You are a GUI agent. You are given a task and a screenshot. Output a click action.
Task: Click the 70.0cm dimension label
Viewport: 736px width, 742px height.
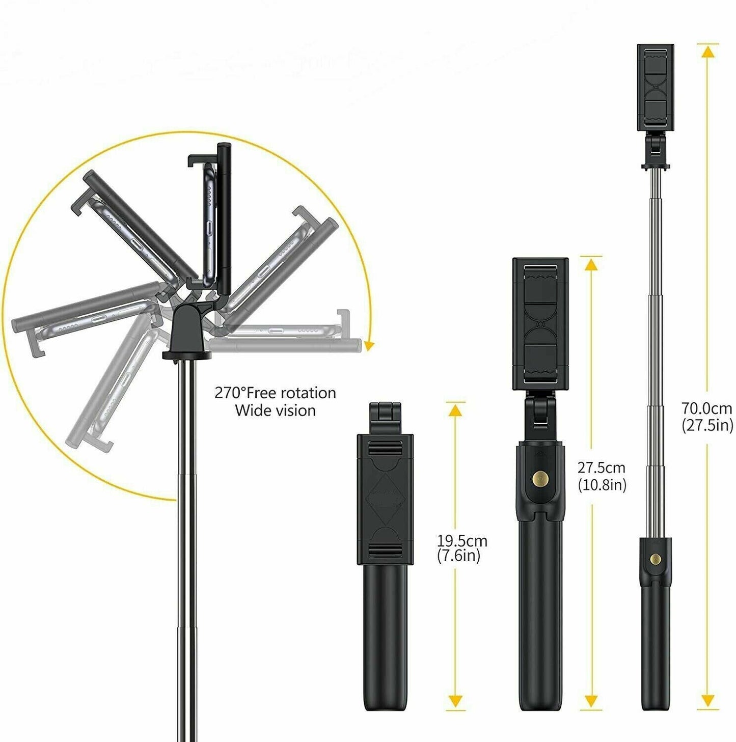(x=707, y=408)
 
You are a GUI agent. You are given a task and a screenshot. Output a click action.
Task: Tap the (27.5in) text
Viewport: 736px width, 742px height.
(x=707, y=425)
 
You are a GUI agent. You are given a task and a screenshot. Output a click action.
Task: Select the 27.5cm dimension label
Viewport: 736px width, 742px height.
(x=601, y=468)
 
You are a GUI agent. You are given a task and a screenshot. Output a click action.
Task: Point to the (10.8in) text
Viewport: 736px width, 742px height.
(x=602, y=485)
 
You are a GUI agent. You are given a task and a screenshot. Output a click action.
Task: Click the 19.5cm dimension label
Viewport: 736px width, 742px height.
(x=462, y=540)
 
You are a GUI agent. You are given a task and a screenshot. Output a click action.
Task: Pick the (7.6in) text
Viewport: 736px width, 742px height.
(x=458, y=556)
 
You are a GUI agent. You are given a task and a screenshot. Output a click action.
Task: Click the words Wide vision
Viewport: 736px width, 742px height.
(x=275, y=410)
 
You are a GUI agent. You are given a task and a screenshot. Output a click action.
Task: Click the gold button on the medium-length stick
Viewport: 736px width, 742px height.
(x=539, y=478)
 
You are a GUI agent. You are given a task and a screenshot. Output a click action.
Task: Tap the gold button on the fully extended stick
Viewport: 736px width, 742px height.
(x=656, y=560)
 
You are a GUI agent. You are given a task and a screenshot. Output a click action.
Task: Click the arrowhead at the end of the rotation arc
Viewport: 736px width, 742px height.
(x=369, y=346)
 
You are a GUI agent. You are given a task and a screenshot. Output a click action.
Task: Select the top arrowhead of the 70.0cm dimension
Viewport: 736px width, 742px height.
(x=707, y=51)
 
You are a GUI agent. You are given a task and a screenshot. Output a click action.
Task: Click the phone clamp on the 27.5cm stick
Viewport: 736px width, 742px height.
(x=540, y=323)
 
